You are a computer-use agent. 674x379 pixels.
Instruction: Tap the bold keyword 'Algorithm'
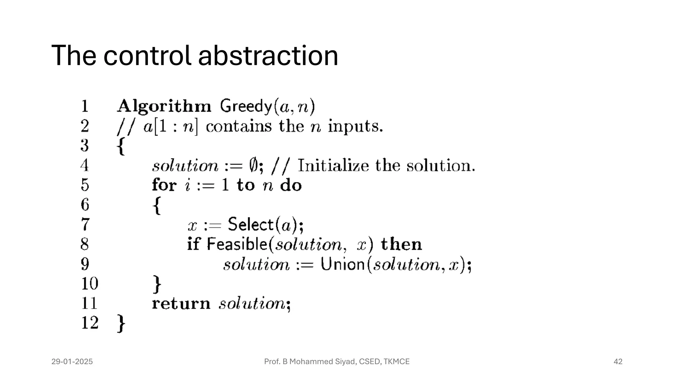tap(164, 106)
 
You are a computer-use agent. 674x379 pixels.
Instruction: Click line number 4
tap(85, 165)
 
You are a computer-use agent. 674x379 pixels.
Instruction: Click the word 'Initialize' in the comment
tap(333, 165)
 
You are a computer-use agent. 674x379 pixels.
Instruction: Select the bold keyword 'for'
tap(164, 185)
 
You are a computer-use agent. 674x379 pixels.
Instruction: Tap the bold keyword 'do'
tap(291, 185)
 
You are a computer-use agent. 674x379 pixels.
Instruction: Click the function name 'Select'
tap(251, 224)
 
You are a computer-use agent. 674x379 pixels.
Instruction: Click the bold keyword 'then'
tap(401, 244)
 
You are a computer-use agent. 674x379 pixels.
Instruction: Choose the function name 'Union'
tap(343, 264)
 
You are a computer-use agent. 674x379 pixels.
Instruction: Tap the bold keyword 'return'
tap(181, 303)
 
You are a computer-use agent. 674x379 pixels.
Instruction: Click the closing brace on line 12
tap(121, 323)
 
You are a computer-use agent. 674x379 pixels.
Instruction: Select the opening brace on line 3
tap(121, 146)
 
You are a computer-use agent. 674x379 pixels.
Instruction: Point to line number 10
tap(90, 284)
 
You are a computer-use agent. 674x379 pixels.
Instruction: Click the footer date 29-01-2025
tap(72, 362)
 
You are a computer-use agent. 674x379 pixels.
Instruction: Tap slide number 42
tap(618, 362)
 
